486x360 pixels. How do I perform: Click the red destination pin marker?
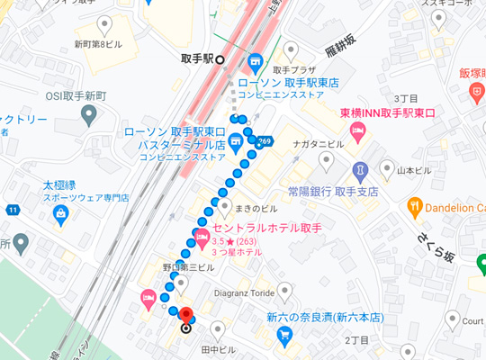pos(186,316)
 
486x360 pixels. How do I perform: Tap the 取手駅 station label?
pos(196,59)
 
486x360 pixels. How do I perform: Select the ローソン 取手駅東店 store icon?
pos(255,62)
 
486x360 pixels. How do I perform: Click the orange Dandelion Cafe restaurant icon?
pos(415,206)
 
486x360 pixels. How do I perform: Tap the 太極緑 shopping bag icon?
pos(60,214)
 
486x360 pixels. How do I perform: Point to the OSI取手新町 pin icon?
pos(87,113)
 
